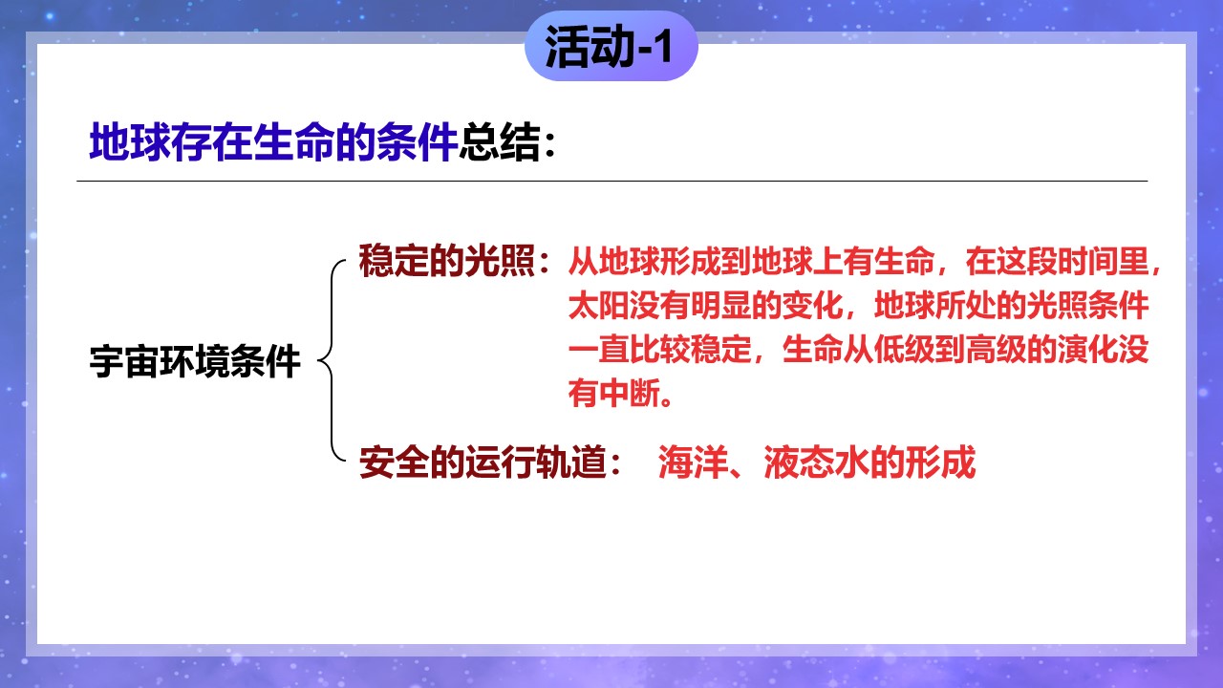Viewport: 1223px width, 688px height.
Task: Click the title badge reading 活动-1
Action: (611, 46)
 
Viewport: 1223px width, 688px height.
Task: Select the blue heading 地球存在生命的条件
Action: (273, 142)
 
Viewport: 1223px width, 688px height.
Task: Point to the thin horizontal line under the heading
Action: (612, 181)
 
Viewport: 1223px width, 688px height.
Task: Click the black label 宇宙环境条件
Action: (195, 361)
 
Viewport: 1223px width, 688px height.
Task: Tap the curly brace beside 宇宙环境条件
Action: (332, 360)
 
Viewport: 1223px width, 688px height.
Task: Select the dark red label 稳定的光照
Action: (446, 261)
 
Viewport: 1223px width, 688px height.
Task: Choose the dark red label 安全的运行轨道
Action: (483, 462)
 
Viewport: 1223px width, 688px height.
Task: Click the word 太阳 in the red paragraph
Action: (598, 305)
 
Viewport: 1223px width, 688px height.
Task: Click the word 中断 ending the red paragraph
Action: (629, 393)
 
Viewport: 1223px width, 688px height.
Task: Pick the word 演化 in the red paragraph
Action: (1087, 349)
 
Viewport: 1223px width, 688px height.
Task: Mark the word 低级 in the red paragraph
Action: (904, 349)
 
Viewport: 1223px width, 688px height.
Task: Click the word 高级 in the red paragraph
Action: (996, 349)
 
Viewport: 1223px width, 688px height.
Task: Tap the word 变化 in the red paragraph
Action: (812, 305)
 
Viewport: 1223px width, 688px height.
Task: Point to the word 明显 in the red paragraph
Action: (720, 305)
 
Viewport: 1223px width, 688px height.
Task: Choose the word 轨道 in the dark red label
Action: (571, 462)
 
